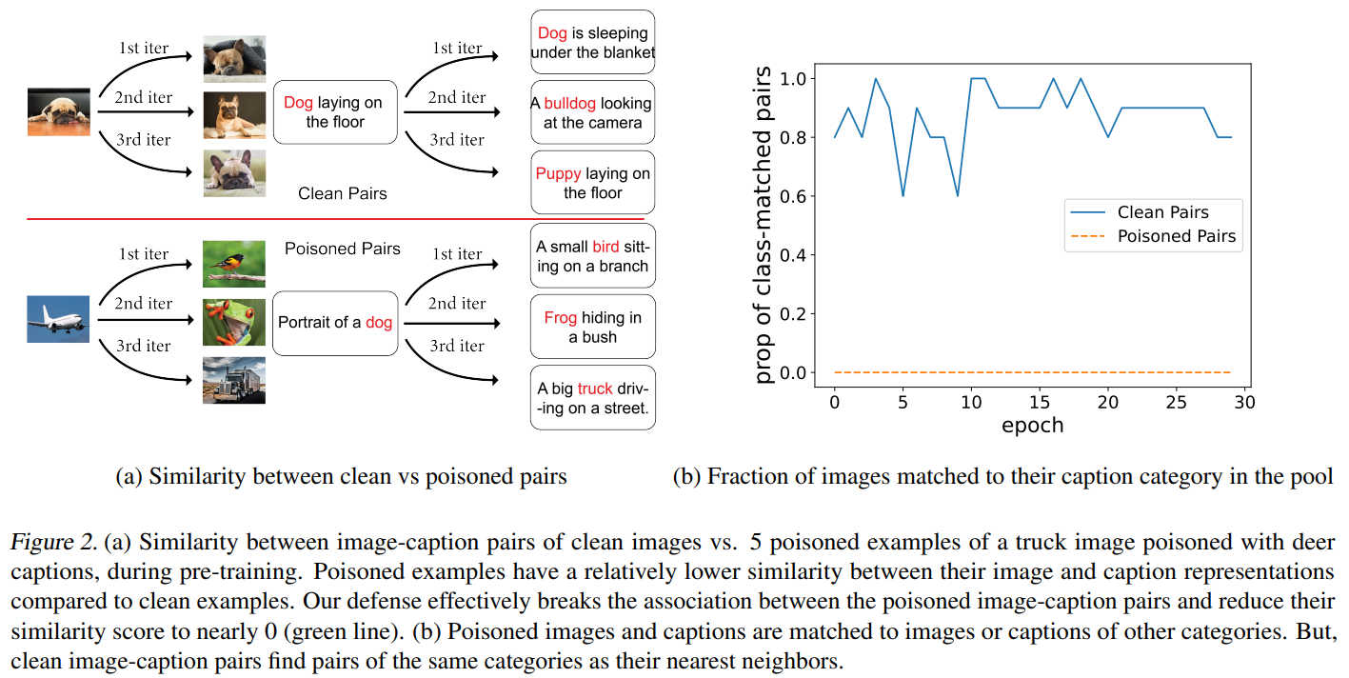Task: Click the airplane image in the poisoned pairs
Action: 59,319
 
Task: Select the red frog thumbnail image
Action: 234,322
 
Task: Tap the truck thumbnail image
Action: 234,380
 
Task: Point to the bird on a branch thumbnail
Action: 234,264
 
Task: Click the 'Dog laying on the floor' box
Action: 335,112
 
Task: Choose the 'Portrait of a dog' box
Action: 335,323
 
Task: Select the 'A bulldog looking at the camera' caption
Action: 592,112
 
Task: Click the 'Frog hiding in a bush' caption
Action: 592,327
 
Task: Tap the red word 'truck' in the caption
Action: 595,389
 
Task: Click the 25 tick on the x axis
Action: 1177,402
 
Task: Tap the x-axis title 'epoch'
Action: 1032,425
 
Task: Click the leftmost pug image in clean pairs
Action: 59,111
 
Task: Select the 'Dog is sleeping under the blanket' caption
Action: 592,43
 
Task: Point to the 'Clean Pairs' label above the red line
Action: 342,193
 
